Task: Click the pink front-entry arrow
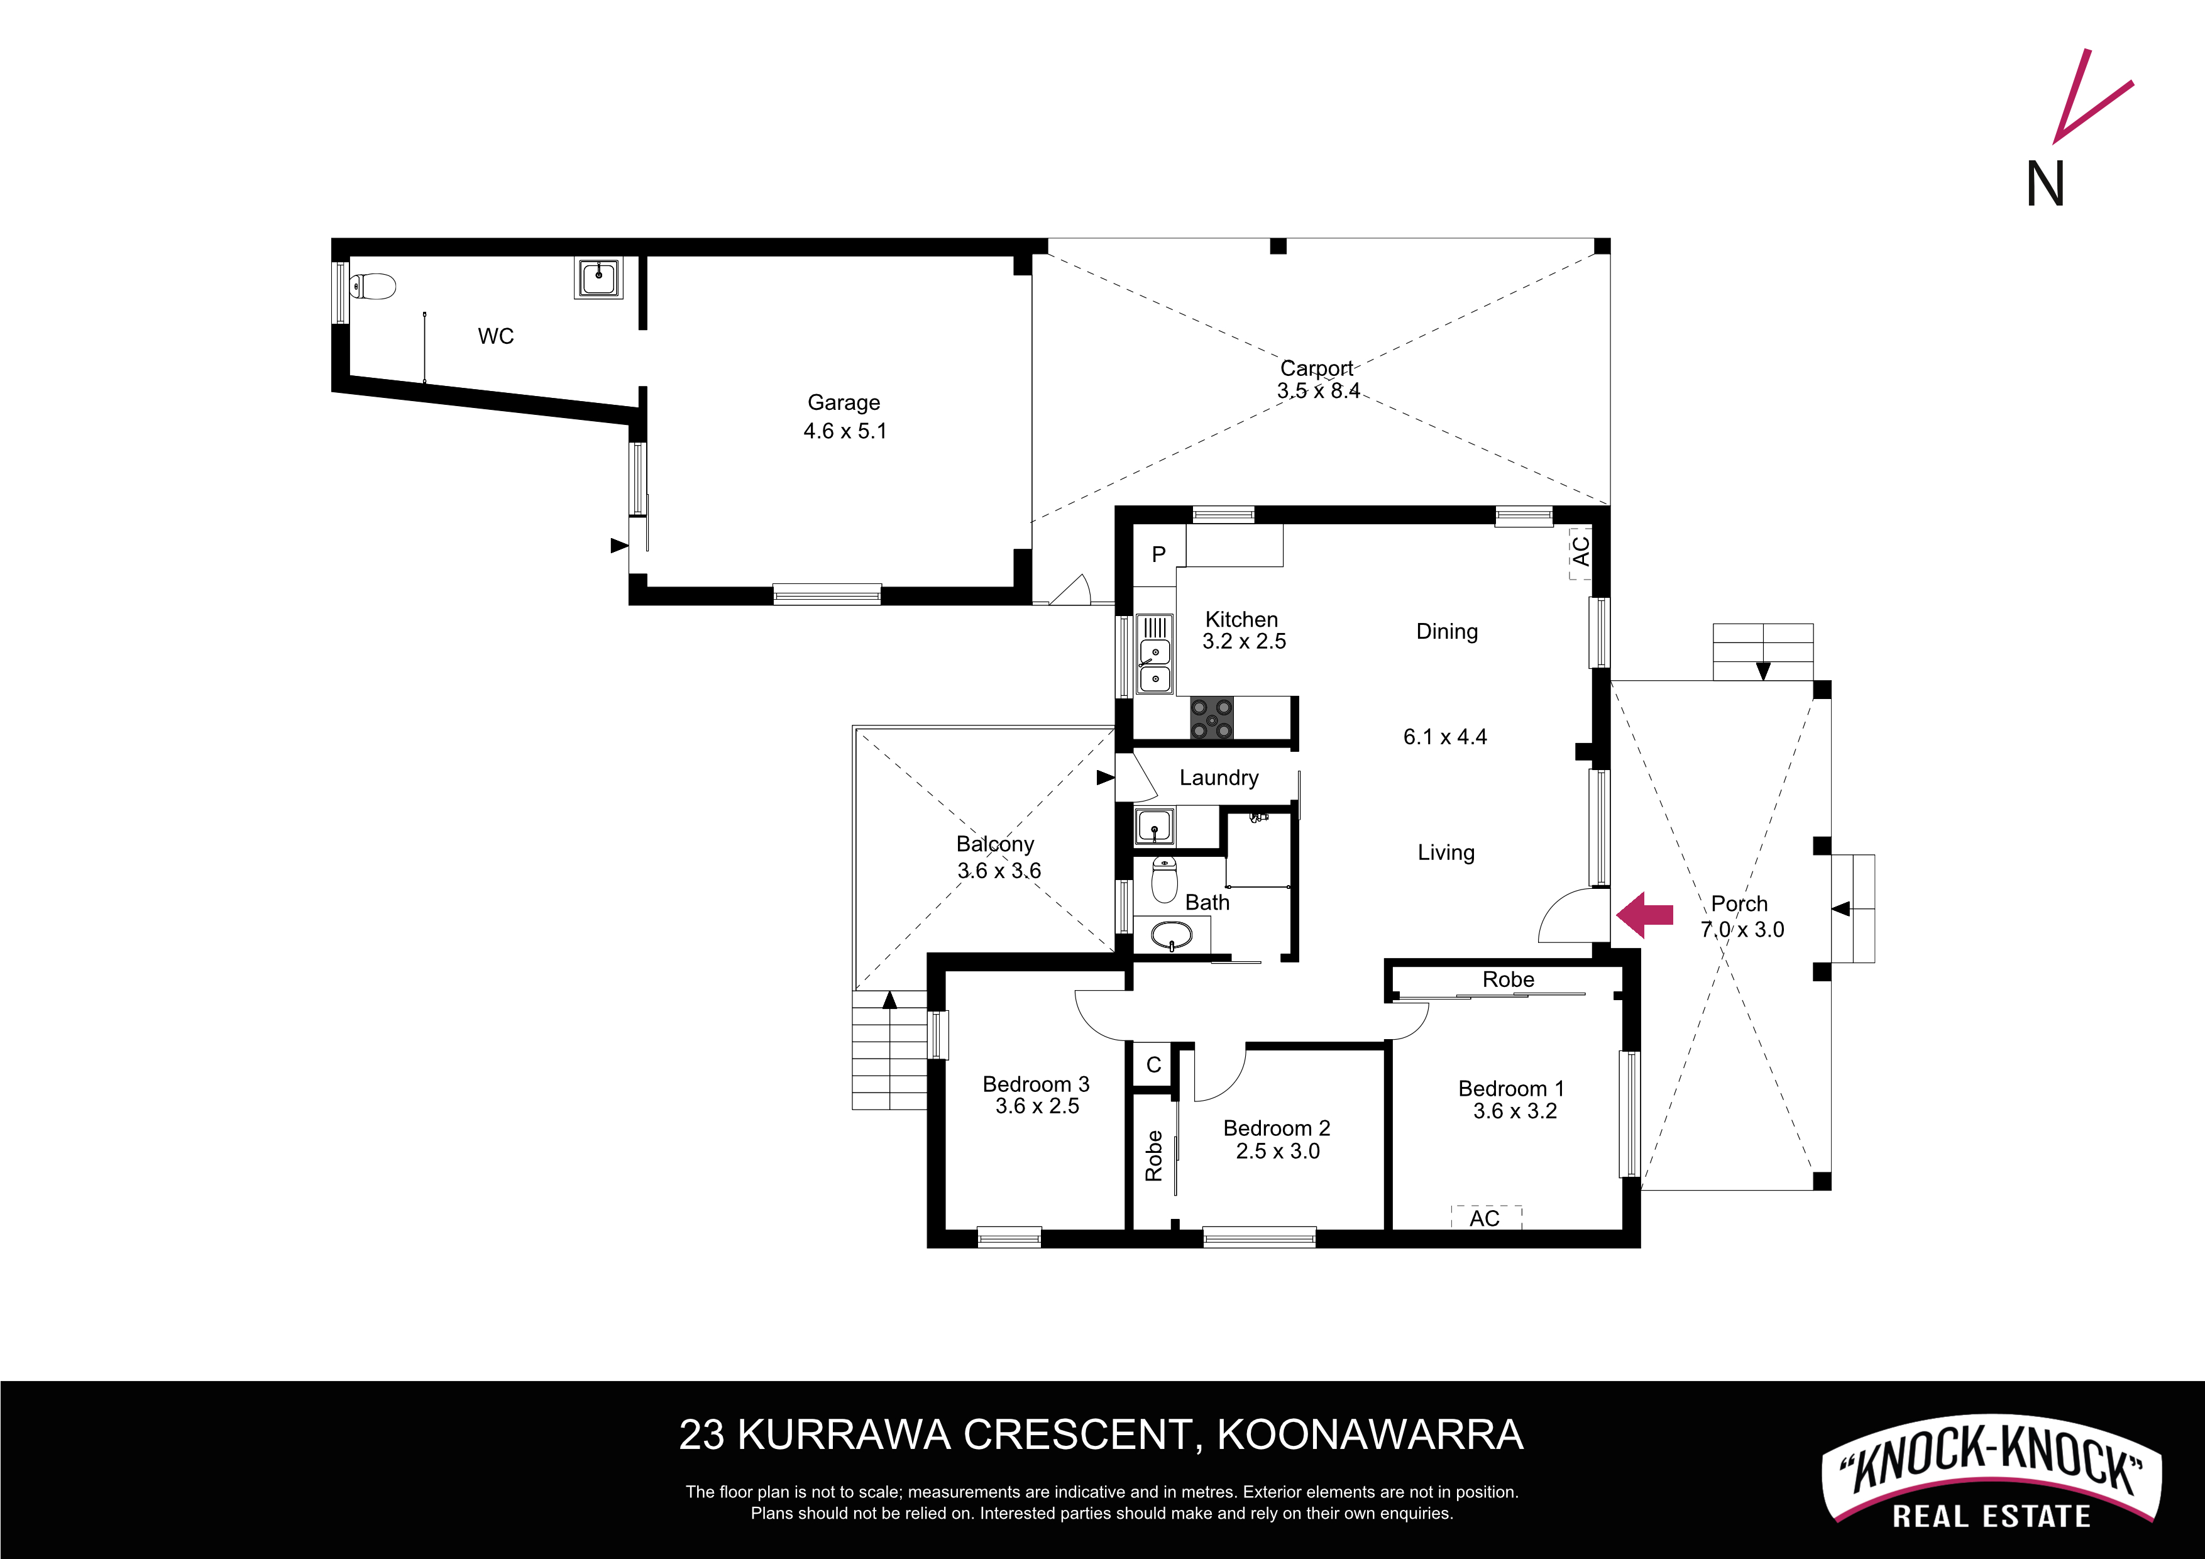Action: (x=1644, y=915)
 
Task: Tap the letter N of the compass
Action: (x=2045, y=184)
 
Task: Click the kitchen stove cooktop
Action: (x=1211, y=719)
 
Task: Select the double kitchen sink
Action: (x=1155, y=654)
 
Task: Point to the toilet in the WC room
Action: (x=373, y=286)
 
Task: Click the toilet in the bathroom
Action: (x=1164, y=879)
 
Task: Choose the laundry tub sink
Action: (x=1153, y=826)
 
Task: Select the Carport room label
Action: (x=1317, y=368)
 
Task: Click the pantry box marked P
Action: (x=1159, y=554)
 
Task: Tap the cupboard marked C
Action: (x=1153, y=1064)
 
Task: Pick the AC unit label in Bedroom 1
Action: (x=1485, y=1218)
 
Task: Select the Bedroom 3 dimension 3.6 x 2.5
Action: (x=1037, y=1106)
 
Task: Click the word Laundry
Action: (x=1219, y=778)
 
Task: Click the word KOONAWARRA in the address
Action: (x=1370, y=1435)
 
